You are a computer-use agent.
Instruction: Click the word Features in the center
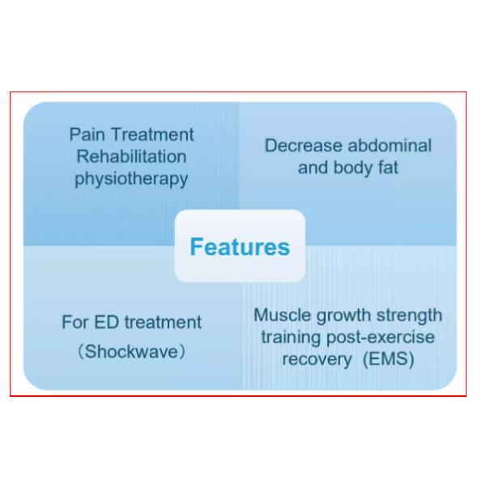click(x=240, y=247)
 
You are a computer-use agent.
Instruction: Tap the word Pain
click(x=87, y=134)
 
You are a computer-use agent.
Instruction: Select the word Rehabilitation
click(x=131, y=156)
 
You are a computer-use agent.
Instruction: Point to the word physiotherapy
click(x=131, y=179)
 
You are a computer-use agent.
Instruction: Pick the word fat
click(x=388, y=168)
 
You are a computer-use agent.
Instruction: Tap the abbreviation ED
click(x=106, y=322)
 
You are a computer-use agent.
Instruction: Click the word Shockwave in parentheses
click(x=131, y=352)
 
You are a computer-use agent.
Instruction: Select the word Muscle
click(x=282, y=315)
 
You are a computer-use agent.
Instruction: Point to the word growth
click(x=343, y=316)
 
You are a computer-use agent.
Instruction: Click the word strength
click(x=409, y=316)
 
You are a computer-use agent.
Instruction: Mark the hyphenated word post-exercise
click(x=381, y=338)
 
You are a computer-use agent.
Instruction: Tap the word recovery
click(x=317, y=360)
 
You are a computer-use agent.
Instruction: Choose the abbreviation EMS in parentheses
click(x=388, y=359)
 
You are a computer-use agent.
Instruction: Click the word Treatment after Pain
click(x=152, y=134)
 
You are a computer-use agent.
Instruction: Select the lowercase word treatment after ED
click(x=163, y=322)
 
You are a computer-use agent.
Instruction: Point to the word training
click(x=291, y=338)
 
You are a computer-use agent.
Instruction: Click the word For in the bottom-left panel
click(x=75, y=322)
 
